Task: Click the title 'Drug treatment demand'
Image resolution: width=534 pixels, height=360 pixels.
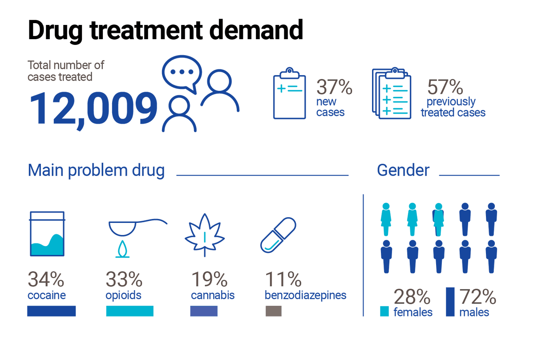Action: click(165, 30)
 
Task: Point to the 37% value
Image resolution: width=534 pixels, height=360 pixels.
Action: click(334, 87)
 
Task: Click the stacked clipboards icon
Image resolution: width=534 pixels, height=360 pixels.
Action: click(391, 93)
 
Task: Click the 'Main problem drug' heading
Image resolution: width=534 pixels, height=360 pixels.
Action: click(96, 170)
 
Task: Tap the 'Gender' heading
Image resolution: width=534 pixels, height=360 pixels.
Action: click(403, 170)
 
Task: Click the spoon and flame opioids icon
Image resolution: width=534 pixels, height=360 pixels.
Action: click(129, 236)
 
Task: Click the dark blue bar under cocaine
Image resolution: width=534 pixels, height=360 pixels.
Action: click(51, 311)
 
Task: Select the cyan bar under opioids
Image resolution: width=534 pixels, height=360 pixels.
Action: click(129, 311)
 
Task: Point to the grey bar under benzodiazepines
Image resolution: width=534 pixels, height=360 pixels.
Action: click(273, 311)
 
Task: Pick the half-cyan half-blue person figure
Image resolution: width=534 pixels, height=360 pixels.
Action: click(438, 219)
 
